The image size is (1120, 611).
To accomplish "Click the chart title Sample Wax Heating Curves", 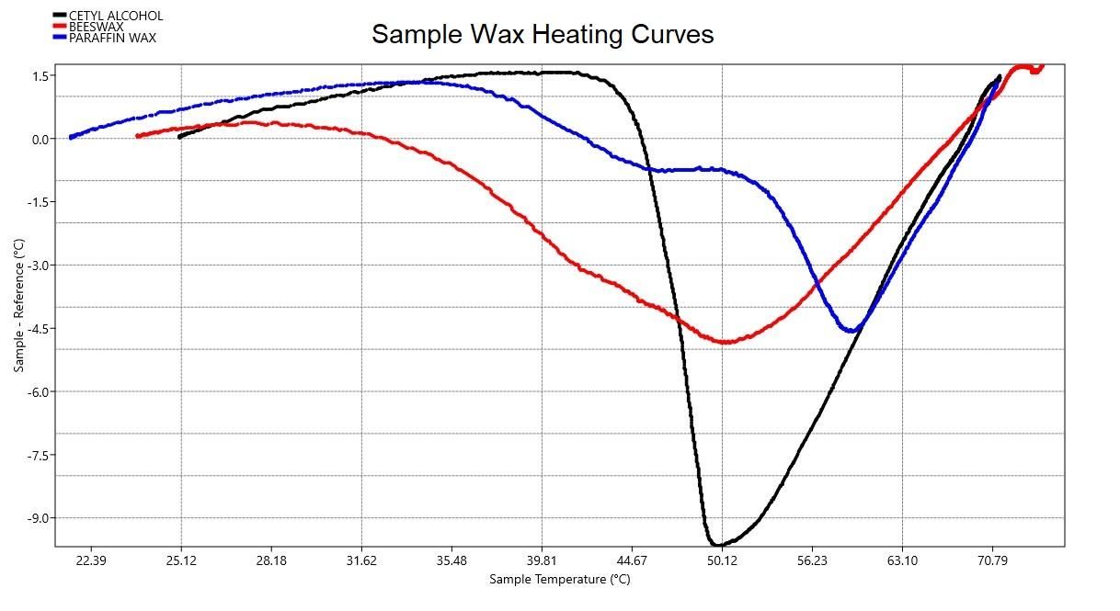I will pyautogui.click(x=543, y=35).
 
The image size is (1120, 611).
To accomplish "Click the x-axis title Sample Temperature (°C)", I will pyautogui.click(x=559, y=579).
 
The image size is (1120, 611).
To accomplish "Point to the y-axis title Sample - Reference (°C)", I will pyautogui.click(x=19, y=305).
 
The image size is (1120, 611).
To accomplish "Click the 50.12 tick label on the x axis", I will pyautogui.click(x=722, y=560).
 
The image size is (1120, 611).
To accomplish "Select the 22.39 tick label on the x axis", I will pyautogui.click(x=91, y=560).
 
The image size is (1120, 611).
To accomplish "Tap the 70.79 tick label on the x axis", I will pyautogui.click(x=992, y=560).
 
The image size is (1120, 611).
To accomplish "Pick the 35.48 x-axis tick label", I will pyautogui.click(x=451, y=560).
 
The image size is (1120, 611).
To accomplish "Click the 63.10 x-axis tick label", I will pyautogui.click(x=902, y=560).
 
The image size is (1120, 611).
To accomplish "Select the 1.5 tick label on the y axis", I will pyautogui.click(x=40, y=76).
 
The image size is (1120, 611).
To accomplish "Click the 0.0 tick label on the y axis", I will pyautogui.click(x=40, y=140).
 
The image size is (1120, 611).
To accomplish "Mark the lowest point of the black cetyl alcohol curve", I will pyautogui.click(x=715, y=545).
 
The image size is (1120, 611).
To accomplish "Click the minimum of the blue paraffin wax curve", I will pyautogui.click(x=853, y=330).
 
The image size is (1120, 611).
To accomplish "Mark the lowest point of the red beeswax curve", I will pyautogui.click(x=726, y=342).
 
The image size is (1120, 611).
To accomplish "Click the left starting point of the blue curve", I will pyautogui.click(x=71, y=137).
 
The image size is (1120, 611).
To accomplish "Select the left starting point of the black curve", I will pyautogui.click(x=180, y=136).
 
